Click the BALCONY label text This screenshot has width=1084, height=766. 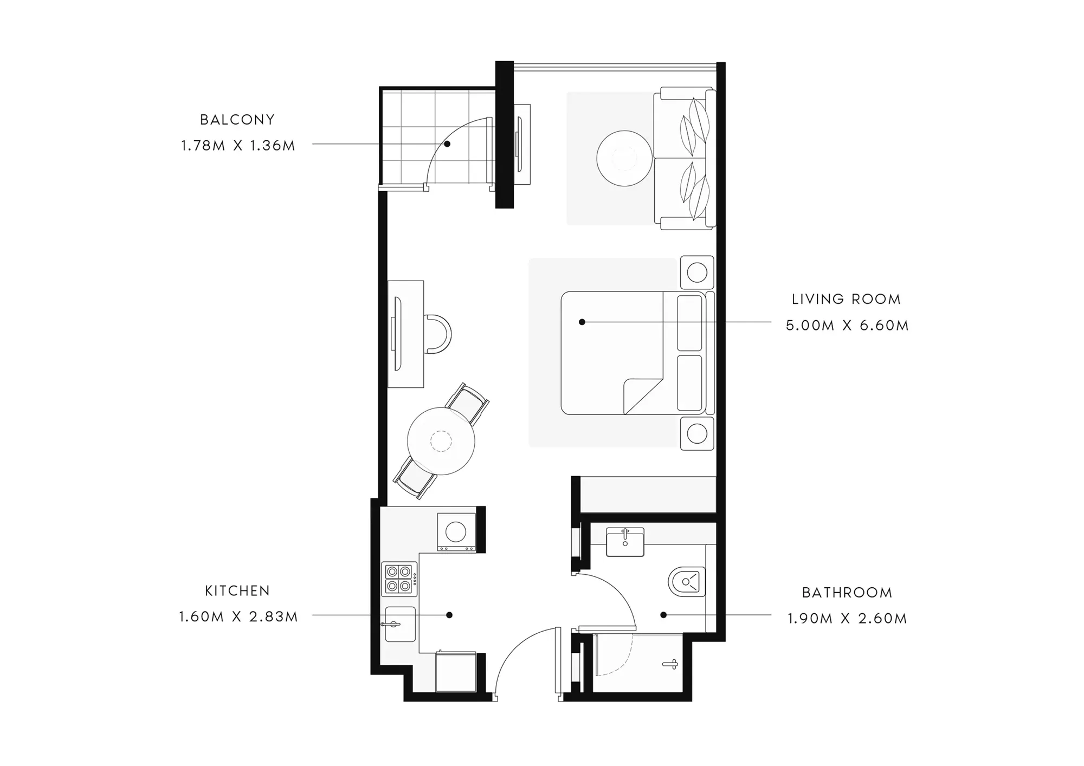pos(237,120)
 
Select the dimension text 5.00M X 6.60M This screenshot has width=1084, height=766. pos(847,326)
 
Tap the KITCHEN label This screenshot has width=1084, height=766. pos(237,591)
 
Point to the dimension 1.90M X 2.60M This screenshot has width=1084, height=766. pos(847,619)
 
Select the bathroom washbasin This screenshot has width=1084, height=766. pos(625,542)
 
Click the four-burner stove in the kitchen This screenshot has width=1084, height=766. pos(399,579)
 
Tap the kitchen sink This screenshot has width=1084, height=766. pos(400,624)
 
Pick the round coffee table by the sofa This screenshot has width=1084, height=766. pos(624,158)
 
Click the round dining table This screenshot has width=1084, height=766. pos(441,441)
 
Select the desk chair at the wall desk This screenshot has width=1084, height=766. pos(437,334)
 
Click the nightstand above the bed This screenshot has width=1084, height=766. pos(697,272)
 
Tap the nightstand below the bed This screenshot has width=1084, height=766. pos(697,434)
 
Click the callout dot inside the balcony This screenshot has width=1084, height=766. pos(448,144)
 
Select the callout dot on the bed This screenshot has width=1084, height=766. pos(582,322)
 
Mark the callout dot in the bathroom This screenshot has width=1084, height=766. pos(663,615)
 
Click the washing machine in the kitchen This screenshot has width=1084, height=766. pos(456,531)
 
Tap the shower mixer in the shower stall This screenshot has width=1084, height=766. pos(671,664)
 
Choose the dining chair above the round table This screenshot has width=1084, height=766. pos(467,404)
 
